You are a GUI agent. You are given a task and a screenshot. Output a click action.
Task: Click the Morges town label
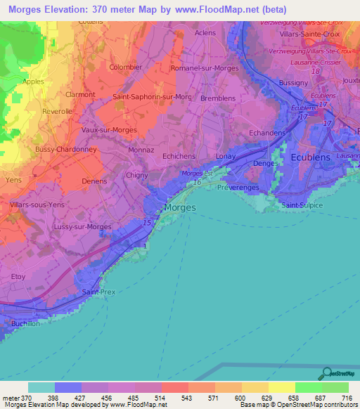pyautogui.click(x=179, y=207)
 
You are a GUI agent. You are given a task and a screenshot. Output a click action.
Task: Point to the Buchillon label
pyautogui.click(x=27, y=323)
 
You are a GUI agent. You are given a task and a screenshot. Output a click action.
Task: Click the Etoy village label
pyautogui.click(x=18, y=277)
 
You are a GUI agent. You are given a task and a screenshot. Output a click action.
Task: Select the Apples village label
pyautogui.click(x=33, y=82)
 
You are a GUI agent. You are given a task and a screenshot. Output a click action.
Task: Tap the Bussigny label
pyautogui.click(x=293, y=82)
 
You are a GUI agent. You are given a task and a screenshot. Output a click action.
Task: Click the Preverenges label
pyautogui.click(x=239, y=188)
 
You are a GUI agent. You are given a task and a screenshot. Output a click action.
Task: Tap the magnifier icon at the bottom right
pyautogui.click(x=325, y=374)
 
